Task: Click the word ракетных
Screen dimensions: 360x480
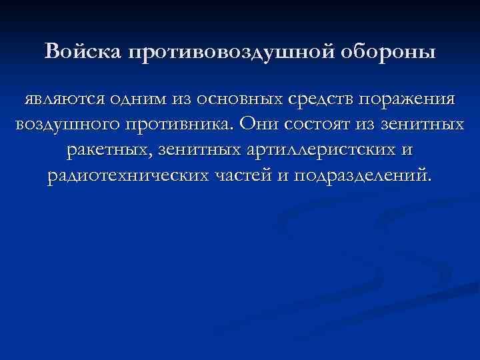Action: [x=110, y=151]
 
